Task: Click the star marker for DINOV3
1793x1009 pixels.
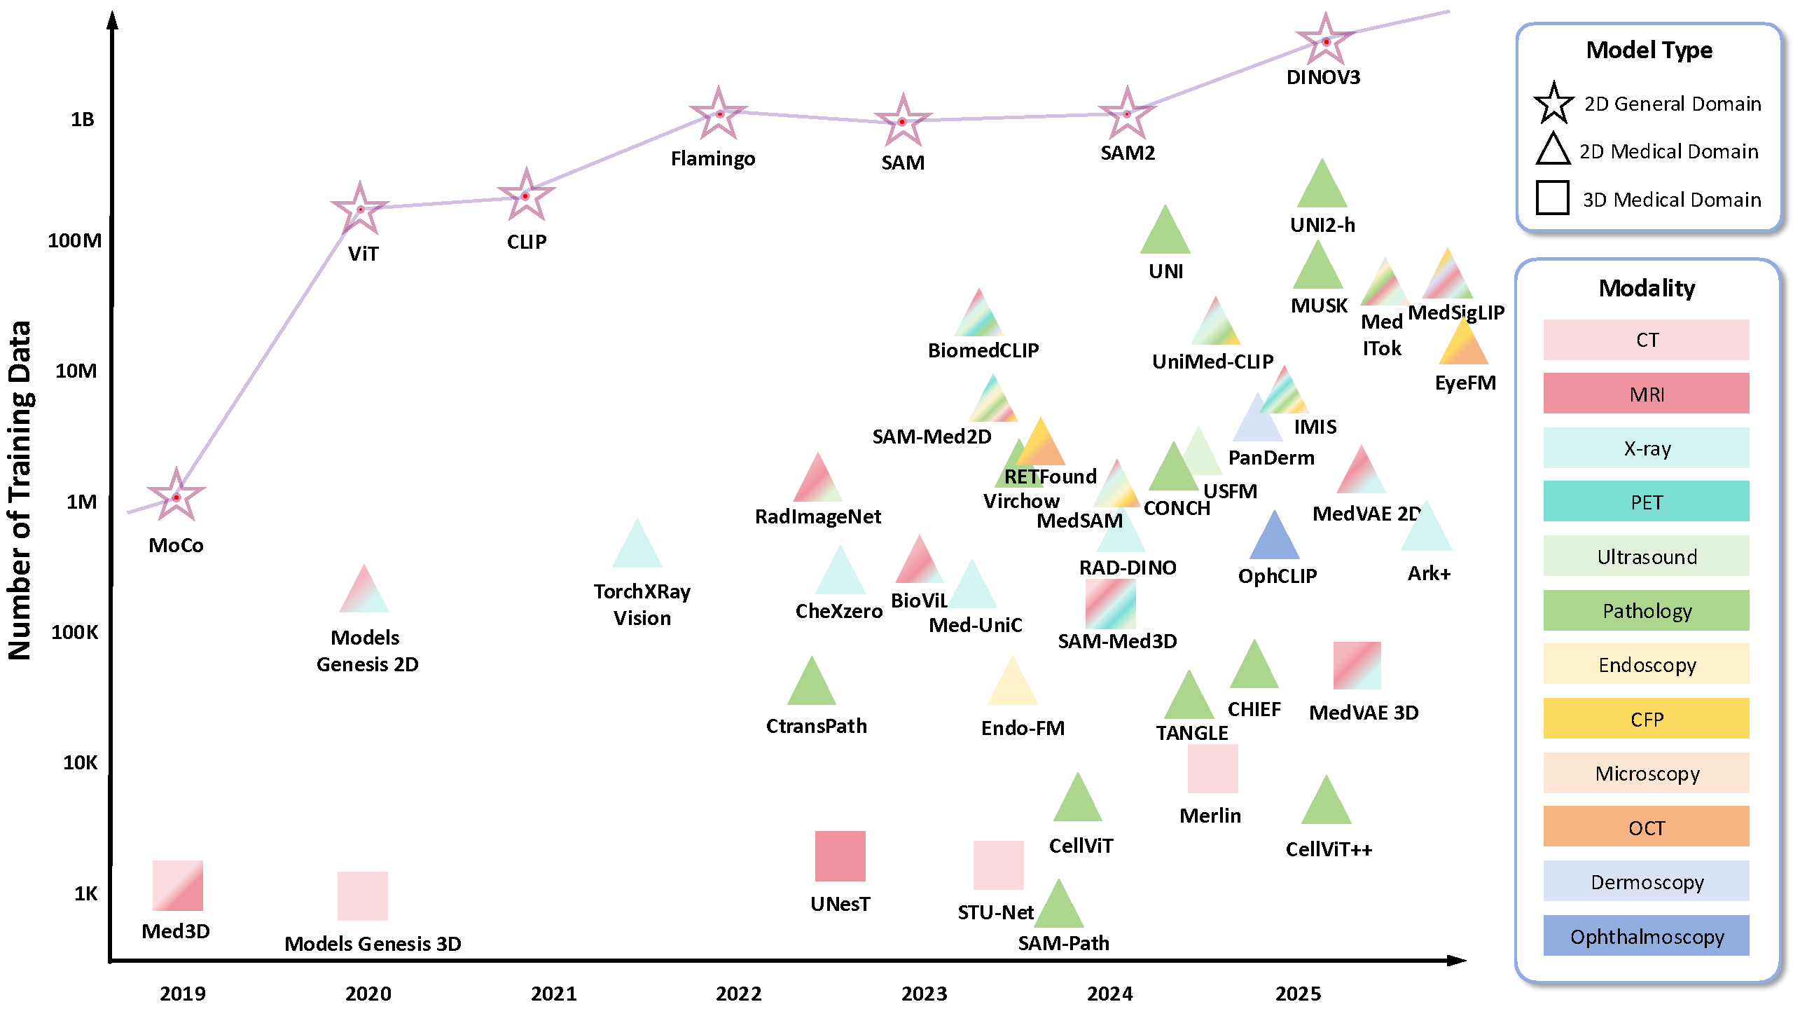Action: [x=1325, y=41]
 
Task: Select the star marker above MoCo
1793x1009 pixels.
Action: [x=176, y=497]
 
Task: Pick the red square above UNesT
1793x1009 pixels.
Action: [x=840, y=856]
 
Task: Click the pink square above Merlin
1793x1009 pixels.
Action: [x=1212, y=769]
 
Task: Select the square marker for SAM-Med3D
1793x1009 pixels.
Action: [x=1110, y=603]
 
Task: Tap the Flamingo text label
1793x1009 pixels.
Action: [x=713, y=159]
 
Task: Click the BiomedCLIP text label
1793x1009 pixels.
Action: [x=983, y=350]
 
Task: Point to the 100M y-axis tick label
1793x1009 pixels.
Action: [x=74, y=241]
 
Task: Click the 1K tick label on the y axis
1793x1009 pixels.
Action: [x=85, y=893]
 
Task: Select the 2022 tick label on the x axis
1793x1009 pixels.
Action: [x=738, y=994]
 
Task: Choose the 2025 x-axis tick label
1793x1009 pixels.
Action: [x=1298, y=994]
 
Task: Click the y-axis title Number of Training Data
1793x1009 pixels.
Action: [x=20, y=490]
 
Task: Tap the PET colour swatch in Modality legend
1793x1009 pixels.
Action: [x=1646, y=502]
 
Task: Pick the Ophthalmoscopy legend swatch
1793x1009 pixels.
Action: [x=1646, y=936]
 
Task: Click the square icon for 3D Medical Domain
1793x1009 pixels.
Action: [x=1552, y=198]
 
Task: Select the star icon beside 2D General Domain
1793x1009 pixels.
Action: [x=1553, y=104]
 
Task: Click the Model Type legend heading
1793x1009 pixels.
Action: [x=1649, y=50]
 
